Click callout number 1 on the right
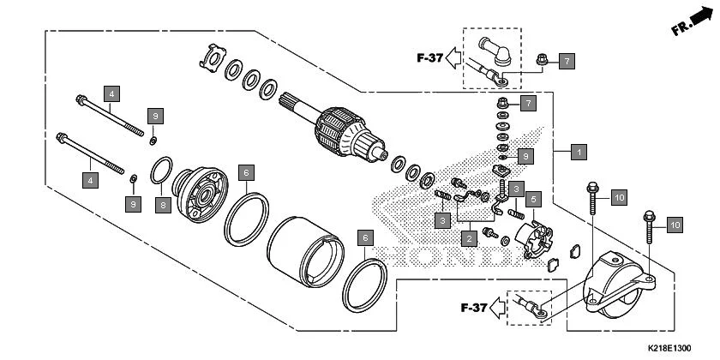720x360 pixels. tap(579, 152)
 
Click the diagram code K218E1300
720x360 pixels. tap(669, 348)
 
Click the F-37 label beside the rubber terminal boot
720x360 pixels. tap(430, 58)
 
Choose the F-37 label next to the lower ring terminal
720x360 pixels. tap(473, 307)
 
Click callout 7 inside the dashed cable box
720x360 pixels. tap(565, 61)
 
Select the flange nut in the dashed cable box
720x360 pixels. tap(543, 60)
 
